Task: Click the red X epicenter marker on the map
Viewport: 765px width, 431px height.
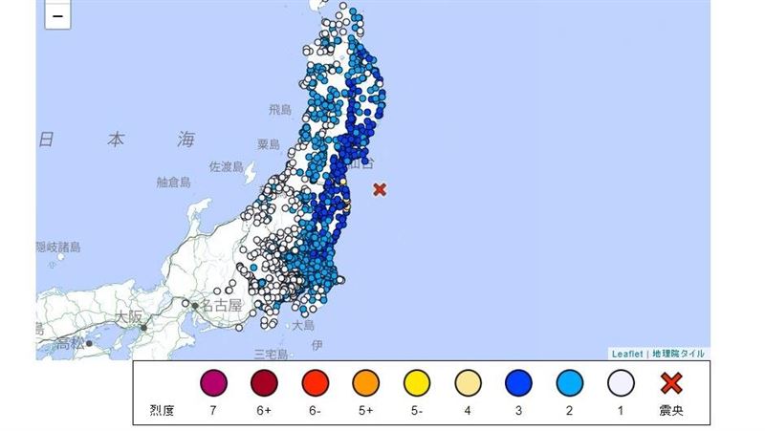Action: point(380,189)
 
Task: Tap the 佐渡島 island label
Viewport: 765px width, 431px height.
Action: point(227,166)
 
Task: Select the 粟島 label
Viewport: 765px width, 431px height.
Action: point(268,144)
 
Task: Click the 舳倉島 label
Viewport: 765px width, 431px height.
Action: point(174,182)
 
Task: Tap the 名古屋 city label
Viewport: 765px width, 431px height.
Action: point(222,305)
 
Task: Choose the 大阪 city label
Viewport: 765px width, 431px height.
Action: point(129,314)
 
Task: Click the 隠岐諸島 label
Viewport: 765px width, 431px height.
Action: point(59,247)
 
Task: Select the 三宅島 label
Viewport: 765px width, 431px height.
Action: point(271,354)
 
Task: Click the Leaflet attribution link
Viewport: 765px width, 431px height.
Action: point(628,354)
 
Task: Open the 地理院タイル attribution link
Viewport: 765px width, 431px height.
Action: point(678,354)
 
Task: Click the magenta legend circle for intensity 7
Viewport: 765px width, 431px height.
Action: point(213,384)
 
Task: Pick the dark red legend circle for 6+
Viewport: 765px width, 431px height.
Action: point(264,384)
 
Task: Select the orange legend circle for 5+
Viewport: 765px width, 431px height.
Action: point(366,384)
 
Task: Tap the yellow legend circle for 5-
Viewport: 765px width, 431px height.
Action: point(417,384)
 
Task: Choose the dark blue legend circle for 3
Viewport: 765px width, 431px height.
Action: point(518,384)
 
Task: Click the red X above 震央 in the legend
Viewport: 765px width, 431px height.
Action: point(671,384)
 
